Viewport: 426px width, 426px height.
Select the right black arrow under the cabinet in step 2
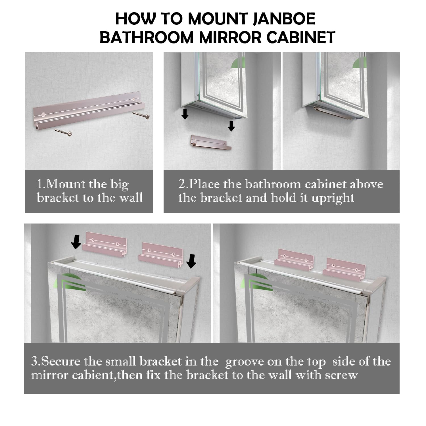(231, 126)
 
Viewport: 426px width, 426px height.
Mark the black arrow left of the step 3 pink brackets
(76, 241)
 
